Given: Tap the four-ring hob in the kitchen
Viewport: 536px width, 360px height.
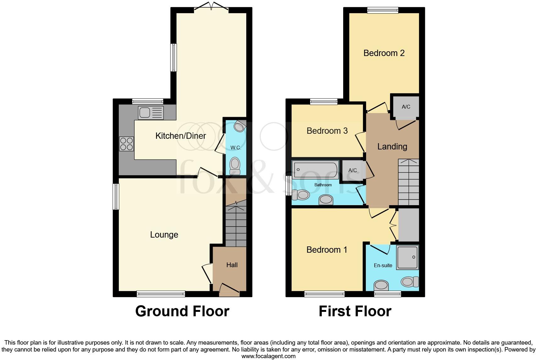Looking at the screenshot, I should point(126,144).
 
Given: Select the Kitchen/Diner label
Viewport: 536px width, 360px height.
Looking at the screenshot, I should point(181,136).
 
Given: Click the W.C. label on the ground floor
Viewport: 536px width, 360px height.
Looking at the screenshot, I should point(236,148).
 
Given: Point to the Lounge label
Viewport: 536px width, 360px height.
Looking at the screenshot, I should point(164,235).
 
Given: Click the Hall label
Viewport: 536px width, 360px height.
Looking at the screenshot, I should point(232,265).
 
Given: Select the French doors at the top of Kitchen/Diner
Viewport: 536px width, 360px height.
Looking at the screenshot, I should point(211,7).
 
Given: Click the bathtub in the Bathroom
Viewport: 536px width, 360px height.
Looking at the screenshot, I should point(315,170).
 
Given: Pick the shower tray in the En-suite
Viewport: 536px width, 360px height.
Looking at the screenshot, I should point(408,257).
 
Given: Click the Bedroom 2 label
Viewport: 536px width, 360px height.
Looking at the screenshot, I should point(384,53).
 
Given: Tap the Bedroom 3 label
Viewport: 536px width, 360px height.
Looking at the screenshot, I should point(327,131).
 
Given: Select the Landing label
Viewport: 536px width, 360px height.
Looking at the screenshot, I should point(392,147).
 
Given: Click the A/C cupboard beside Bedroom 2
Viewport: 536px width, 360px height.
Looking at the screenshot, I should point(406,107).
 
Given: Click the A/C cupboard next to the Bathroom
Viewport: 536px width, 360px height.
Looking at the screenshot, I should point(352,170).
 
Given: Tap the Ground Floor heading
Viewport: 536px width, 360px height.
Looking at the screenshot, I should point(182,311).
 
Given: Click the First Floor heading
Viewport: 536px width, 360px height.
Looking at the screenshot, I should point(355,311).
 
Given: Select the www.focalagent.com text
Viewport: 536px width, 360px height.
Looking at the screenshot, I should point(268,356).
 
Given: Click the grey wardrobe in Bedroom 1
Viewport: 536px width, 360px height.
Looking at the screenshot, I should point(408,225).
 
